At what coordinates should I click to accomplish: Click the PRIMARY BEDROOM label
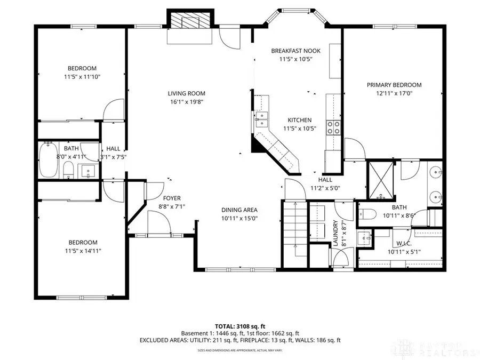(394, 85)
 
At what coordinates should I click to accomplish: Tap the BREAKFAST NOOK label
(291, 51)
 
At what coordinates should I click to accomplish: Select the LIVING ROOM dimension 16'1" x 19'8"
(186, 102)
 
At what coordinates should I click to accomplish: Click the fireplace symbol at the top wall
(189, 22)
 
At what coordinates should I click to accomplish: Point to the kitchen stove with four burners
(333, 127)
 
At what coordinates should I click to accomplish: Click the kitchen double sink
(261, 118)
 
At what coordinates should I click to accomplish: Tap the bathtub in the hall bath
(47, 160)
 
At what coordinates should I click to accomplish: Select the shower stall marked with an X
(381, 179)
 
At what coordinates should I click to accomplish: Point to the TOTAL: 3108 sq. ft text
(239, 325)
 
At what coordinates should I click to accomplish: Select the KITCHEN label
(300, 120)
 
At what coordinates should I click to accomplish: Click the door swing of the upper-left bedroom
(113, 110)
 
